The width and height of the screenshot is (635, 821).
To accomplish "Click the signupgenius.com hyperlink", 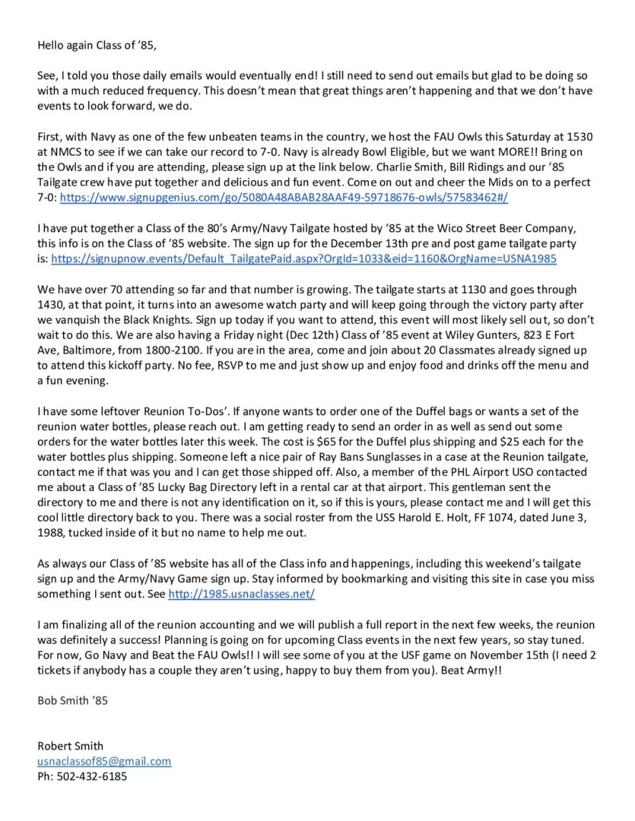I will [284, 197].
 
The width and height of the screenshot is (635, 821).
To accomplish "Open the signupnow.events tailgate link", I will [303, 258].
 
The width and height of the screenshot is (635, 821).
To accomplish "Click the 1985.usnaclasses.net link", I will [241, 594].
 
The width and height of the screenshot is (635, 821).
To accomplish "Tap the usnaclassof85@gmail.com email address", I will [104, 761].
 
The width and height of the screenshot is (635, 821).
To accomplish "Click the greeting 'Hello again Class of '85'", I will [97, 45].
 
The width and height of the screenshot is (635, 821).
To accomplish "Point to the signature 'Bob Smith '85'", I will [72, 701].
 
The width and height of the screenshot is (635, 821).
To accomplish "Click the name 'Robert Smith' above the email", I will [70, 746].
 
